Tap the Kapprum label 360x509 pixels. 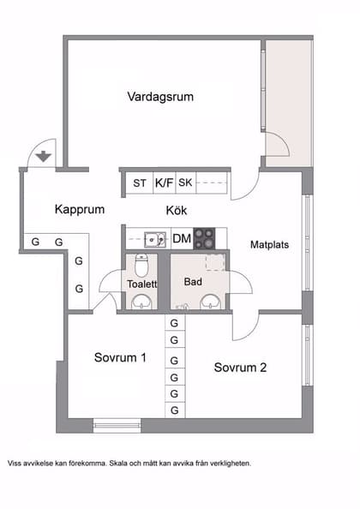[79, 209]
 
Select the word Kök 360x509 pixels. [177, 210]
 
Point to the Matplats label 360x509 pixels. [269, 244]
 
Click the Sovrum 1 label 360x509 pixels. [120, 357]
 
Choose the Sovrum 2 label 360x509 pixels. [241, 368]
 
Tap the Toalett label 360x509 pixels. [141, 284]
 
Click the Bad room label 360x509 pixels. [193, 281]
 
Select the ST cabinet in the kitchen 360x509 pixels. [139, 183]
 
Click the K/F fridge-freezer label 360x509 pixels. [163, 183]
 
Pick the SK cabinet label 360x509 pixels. [186, 183]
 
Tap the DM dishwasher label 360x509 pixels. [181, 239]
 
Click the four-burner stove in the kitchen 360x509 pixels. [204, 238]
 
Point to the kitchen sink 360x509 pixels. [154, 239]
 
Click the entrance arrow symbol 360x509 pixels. [44, 157]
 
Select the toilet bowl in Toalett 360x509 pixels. [142, 264]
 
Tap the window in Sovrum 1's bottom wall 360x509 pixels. [117, 424]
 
